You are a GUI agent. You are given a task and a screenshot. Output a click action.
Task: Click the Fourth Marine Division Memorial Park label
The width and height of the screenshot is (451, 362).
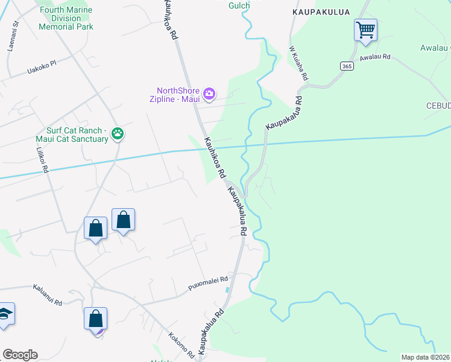66,19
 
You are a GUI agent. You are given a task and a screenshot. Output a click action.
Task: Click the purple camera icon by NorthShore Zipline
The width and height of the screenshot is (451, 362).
209,94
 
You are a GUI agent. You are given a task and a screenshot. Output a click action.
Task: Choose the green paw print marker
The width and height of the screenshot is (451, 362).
118,133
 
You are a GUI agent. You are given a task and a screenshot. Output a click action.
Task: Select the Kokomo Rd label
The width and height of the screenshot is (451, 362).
181,343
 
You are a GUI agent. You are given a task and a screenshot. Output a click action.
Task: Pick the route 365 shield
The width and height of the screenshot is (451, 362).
346,66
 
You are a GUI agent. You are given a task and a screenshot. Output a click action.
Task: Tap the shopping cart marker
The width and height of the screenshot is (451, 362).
365,29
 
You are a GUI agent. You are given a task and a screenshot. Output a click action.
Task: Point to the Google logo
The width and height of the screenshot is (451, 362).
20,355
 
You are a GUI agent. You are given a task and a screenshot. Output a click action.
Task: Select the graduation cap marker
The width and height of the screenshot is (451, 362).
5,314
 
